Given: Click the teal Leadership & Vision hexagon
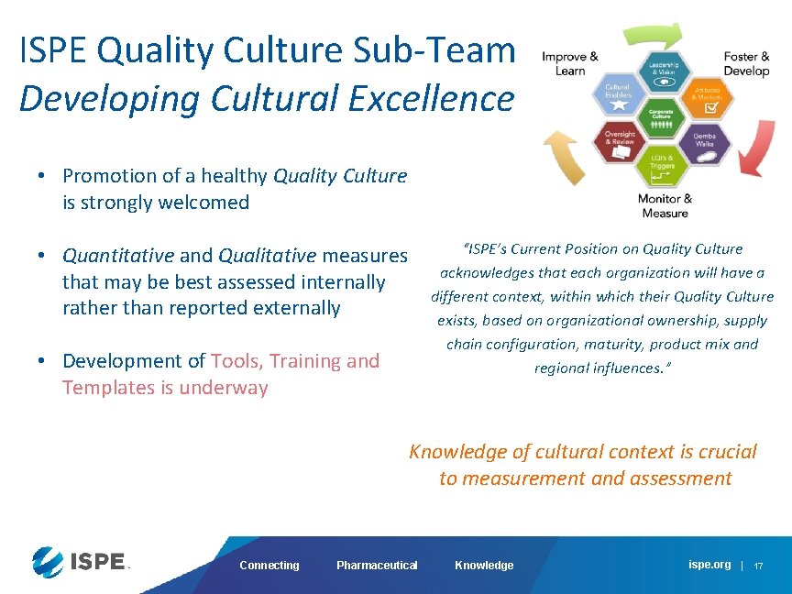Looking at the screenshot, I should click(x=663, y=72).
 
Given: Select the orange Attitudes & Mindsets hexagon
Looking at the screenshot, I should click(x=707, y=98).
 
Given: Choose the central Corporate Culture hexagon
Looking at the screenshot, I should click(x=663, y=120).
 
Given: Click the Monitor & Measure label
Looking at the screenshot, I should click(x=665, y=206).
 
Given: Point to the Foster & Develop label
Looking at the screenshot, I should click(x=746, y=63).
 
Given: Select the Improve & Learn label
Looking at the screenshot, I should click(x=569, y=63).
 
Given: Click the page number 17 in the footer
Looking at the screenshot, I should click(x=758, y=566).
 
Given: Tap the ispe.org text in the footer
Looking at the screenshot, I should click(x=709, y=565).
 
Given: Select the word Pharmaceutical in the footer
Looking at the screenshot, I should click(x=377, y=566).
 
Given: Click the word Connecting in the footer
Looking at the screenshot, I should click(x=269, y=566).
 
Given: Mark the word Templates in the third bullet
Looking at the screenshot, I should click(x=108, y=388).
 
